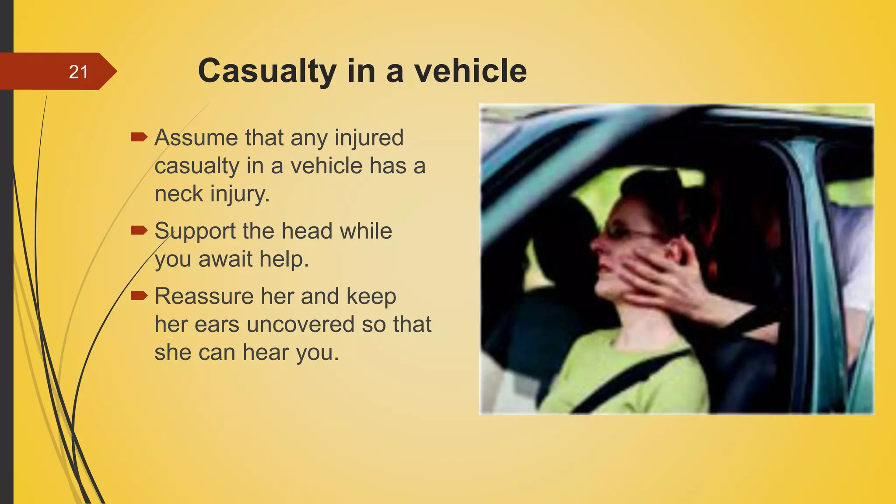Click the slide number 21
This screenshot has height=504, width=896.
[79, 72]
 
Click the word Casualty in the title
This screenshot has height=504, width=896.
[267, 71]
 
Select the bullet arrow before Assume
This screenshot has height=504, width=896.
[139, 137]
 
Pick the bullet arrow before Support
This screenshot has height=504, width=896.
[139, 230]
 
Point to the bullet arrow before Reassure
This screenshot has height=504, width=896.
[139, 296]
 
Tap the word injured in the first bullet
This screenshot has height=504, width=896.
[369, 137]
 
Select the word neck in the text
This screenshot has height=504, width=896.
[178, 193]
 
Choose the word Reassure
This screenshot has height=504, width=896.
[204, 296]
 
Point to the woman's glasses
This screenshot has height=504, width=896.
[630, 232]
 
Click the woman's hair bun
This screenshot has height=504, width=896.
[652, 184]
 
